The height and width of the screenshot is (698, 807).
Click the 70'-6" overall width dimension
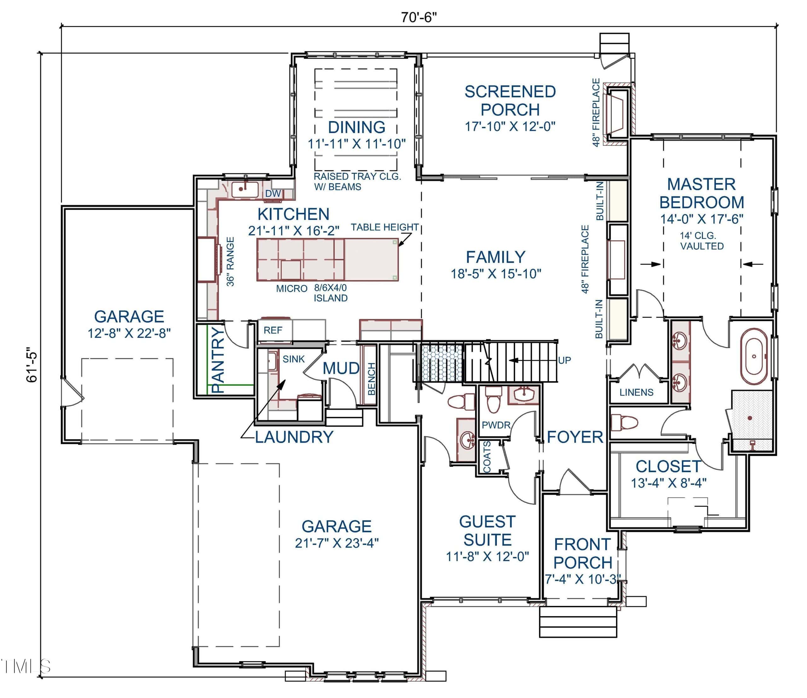(419, 18)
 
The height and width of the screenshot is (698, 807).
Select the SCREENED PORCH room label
(510, 101)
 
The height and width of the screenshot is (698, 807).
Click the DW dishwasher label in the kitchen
(273, 194)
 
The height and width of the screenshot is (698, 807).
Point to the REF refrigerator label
(273, 331)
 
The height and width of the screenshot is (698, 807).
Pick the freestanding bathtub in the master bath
(754, 356)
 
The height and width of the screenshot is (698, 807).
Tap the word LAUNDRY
(294, 437)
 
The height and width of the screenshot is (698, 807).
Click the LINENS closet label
(636, 392)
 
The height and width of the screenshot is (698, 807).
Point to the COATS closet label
(487, 457)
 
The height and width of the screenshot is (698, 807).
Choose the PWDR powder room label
(496, 425)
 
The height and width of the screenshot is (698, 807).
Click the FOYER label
(575, 437)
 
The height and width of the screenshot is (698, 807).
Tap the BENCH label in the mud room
(372, 378)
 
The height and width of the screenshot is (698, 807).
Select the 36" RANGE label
(230, 261)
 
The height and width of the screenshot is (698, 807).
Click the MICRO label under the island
(292, 289)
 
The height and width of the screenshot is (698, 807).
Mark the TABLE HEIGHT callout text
(385, 227)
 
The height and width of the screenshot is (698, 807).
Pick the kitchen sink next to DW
(245, 190)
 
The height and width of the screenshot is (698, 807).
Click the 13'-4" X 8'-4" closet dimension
(669, 483)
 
